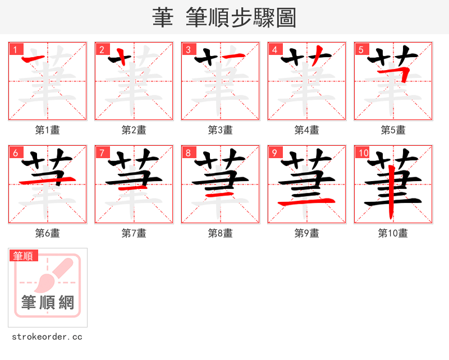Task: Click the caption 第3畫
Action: (220, 130)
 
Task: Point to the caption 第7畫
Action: (134, 233)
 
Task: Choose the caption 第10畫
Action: (393, 233)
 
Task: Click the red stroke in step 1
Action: (37, 58)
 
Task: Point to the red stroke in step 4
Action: (317, 55)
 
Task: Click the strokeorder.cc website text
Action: (47, 337)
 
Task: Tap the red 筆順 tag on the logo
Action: (24, 256)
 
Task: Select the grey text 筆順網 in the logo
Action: (48, 303)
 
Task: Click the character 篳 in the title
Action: (163, 17)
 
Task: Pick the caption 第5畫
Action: (393, 130)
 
